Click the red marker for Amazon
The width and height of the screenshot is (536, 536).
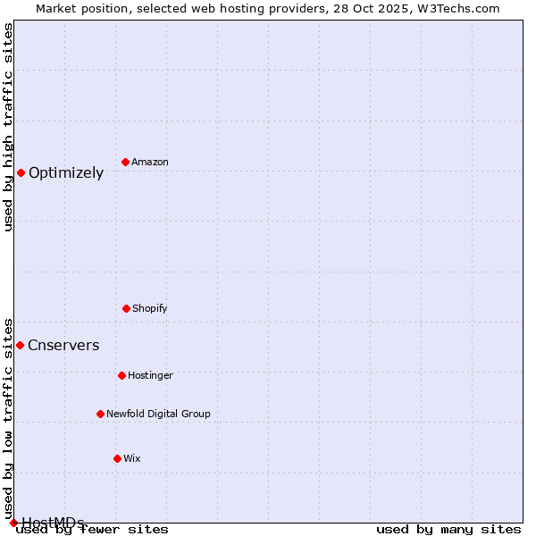tap(126, 162)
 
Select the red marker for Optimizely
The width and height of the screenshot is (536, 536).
tap(21, 172)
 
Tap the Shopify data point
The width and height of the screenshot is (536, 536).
tap(126, 308)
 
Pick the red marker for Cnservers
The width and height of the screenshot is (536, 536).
tap(20, 345)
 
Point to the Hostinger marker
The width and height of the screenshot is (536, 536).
tap(121, 375)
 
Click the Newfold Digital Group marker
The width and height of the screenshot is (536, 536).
tap(100, 414)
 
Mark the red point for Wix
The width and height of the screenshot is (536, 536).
tap(117, 458)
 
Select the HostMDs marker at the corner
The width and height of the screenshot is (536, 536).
tap(13, 523)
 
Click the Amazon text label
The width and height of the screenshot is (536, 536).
tap(150, 162)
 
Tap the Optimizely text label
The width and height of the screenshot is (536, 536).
tap(66, 173)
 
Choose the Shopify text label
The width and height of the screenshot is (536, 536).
tap(150, 308)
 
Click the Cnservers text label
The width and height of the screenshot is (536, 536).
tap(63, 346)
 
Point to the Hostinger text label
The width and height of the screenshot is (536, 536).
tap(150, 375)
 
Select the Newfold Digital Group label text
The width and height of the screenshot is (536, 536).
tap(158, 414)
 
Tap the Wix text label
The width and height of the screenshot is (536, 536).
tap(132, 458)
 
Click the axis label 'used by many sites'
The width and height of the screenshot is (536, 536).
tap(448, 530)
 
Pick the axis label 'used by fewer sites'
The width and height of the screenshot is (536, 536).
tap(93, 530)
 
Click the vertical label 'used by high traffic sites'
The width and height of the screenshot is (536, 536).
tap(8, 127)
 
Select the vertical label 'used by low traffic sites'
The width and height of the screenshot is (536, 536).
tap(8, 419)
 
